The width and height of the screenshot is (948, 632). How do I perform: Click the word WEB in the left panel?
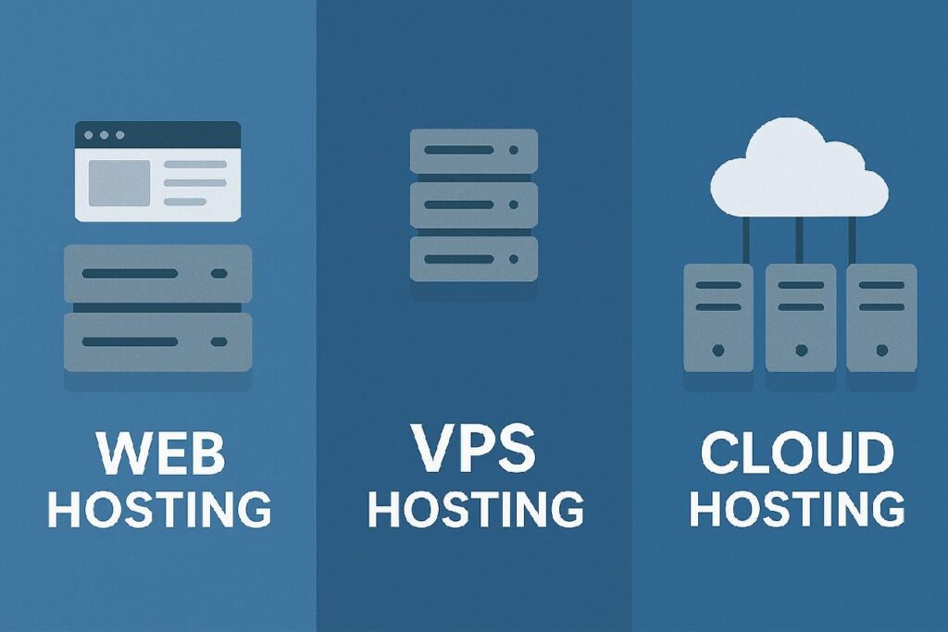[x=159, y=453]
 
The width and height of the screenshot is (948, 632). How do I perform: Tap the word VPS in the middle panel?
[x=473, y=448]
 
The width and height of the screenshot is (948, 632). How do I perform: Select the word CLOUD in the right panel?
[x=796, y=453]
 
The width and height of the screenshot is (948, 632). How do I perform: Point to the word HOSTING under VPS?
[x=475, y=508]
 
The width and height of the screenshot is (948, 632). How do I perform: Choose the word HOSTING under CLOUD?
[x=797, y=509]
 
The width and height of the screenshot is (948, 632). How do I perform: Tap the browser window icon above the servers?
[x=157, y=171]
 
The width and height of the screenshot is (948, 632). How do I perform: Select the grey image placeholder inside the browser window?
[x=118, y=182]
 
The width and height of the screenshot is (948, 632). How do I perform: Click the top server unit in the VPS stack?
[x=473, y=151]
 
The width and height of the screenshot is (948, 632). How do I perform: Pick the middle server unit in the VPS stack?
[x=473, y=204]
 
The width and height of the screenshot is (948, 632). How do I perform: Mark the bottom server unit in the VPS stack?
[x=473, y=258]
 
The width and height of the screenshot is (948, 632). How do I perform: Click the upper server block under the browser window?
[x=157, y=273]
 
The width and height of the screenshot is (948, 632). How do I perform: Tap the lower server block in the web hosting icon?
[x=157, y=341]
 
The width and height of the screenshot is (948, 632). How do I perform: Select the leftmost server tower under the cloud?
[x=718, y=317]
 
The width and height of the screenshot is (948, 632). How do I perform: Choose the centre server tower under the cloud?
[x=800, y=317]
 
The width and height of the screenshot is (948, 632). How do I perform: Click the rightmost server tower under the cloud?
[x=881, y=317]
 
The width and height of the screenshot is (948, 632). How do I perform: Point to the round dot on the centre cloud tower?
[x=800, y=351]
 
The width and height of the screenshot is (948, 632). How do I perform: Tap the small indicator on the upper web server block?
[x=218, y=273]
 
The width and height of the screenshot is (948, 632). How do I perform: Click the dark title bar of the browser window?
[x=157, y=134]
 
